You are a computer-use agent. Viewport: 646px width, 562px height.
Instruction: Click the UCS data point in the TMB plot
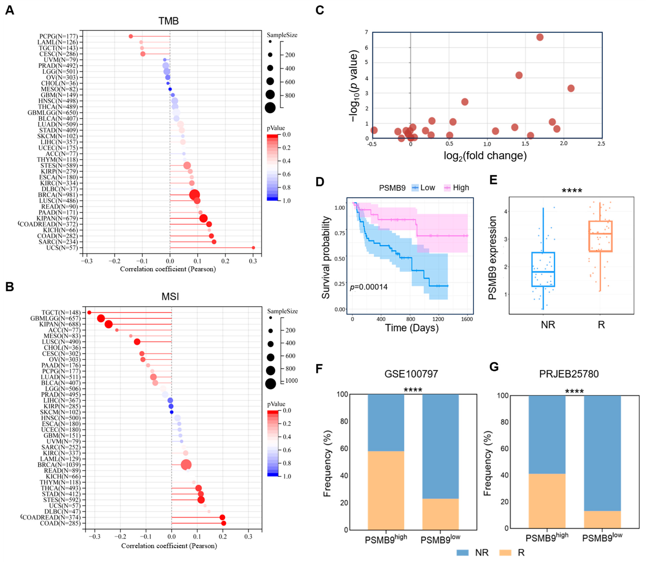click(253, 248)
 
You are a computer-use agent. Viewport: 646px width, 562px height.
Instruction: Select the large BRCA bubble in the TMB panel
click(195, 195)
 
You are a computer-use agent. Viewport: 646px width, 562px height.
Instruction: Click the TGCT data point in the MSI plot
click(89, 312)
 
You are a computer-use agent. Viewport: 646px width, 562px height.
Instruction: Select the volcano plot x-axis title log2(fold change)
click(485, 156)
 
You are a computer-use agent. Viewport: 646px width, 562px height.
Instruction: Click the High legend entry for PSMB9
click(456, 188)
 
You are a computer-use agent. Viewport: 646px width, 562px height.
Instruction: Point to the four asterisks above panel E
click(572, 191)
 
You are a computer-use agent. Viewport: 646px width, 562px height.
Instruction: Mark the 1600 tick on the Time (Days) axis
click(467, 319)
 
